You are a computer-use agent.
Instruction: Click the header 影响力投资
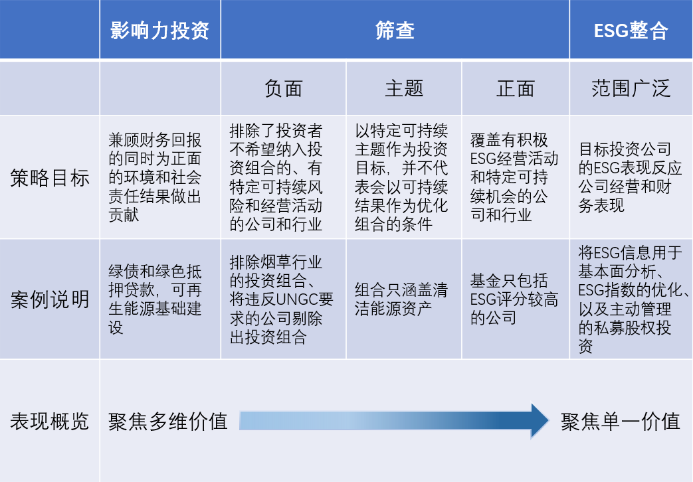[159, 31]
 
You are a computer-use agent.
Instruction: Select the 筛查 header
[395, 31]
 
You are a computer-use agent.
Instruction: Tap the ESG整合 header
[631, 31]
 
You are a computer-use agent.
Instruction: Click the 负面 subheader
[283, 88]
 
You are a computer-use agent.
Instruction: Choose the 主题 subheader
[404, 88]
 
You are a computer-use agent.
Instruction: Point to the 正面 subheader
[516, 88]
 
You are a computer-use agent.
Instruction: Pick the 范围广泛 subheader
[631, 88]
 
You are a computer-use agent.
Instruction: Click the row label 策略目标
[49, 178]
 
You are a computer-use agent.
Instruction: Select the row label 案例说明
[49, 299]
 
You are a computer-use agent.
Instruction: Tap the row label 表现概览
[49, 421]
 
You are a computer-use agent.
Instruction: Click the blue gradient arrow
[394, 421]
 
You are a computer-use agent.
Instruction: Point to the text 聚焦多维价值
[168, 421]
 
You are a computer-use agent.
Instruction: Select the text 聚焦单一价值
[621, 421]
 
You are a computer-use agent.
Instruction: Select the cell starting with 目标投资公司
[631, 177]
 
